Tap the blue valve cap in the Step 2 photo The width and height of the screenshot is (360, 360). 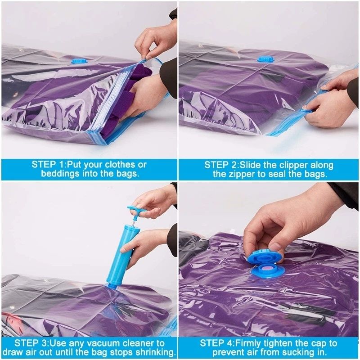[x=265, y=58]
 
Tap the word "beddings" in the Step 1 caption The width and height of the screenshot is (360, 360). [x=60, y=174]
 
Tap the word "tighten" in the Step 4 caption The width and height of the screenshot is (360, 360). [x=286, y=343]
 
